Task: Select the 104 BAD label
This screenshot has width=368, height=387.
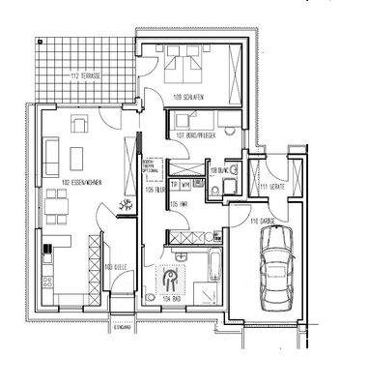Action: (x=175, y=301)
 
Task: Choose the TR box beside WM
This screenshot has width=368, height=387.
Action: (x=175, y=186)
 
